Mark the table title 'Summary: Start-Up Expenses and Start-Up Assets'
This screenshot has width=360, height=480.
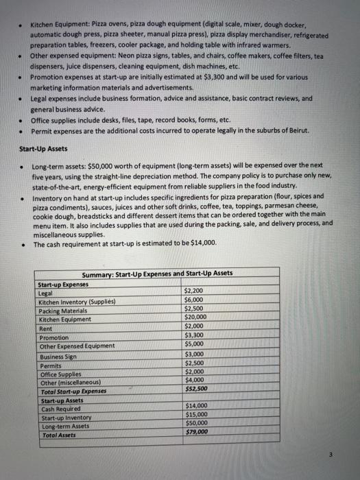click(x=157, y=273)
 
